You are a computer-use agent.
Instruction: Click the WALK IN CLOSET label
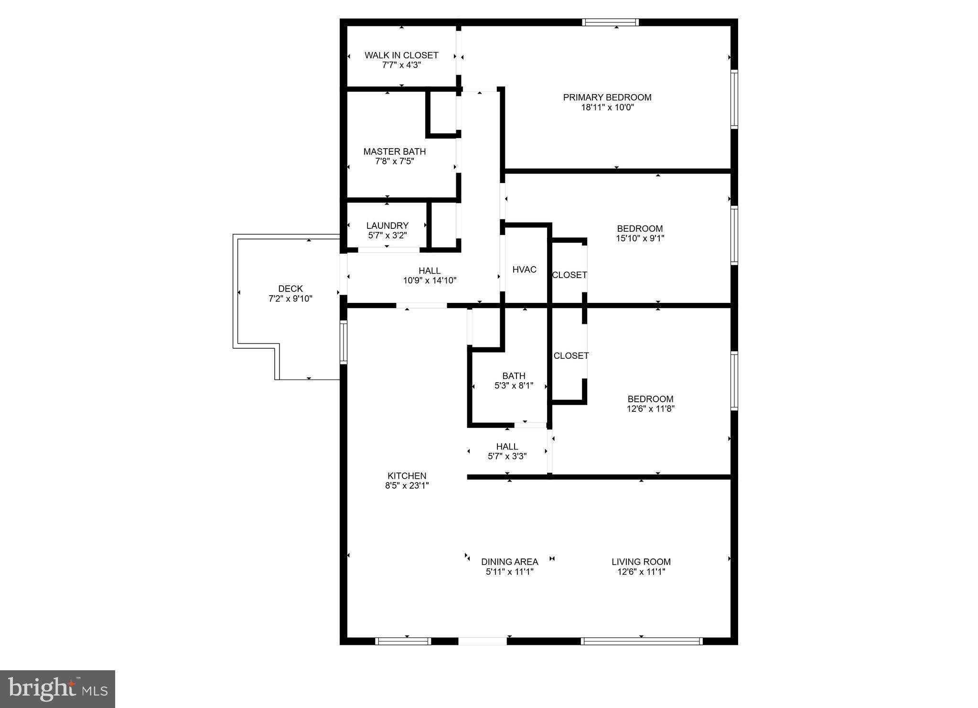tap(401, 55)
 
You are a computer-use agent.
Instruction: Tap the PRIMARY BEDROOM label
tap(607, 97)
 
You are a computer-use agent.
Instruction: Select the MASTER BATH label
tap(394, 151)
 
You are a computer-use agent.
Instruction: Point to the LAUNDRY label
tap(387, 225)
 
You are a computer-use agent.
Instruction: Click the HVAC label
tap(524, 269)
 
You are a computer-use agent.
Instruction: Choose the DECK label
tap(290, 289)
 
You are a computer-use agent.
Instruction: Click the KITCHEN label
tap(407, 476)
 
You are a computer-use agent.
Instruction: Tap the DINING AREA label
tap(509, 562)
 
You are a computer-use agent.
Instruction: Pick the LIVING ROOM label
tap(641, 562)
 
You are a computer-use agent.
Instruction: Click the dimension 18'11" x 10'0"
tap(607, 107)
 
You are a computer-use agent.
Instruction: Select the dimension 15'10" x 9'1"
tap(640, 238)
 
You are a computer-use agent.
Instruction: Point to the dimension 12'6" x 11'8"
tap(650, 408)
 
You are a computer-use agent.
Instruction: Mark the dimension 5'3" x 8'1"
tap(514, 386)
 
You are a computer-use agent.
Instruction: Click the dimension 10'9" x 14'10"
tap(430, 280)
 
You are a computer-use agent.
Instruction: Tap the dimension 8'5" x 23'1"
tap(407, 486)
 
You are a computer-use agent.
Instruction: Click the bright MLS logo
tap(57, 689)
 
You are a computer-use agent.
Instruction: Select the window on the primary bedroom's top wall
tap(610, 22)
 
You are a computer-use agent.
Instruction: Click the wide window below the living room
tap(641, 641)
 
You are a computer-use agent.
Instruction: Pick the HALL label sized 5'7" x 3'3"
tap(507, 447)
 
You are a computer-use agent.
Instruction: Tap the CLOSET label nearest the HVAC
tap(569, 275)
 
